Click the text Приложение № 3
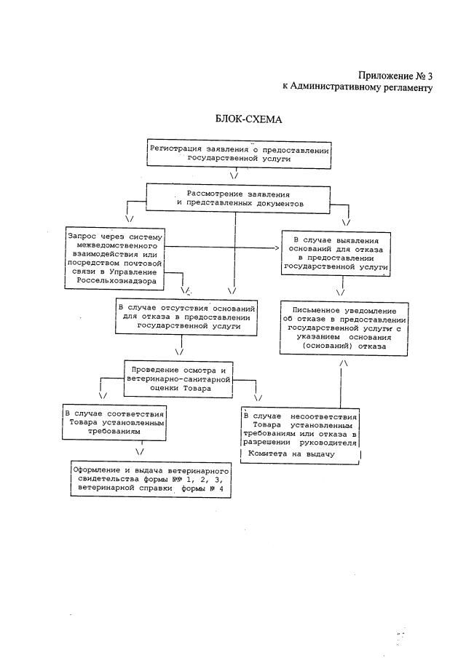[x=396, y=76]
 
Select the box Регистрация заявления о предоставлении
[x=239, y=153]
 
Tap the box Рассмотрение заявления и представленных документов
[x=239, y=198]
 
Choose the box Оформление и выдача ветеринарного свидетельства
[x=151, y=480]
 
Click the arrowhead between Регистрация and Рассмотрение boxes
[x=234, y=175]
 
